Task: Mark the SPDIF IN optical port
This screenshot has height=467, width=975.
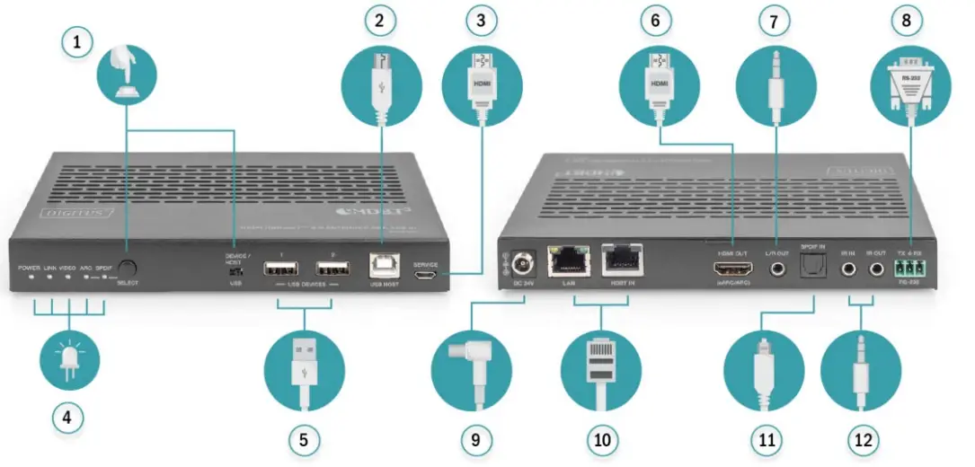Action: click(x=813, y=267)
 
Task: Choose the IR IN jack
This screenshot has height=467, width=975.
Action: click(x=846, y=268)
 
